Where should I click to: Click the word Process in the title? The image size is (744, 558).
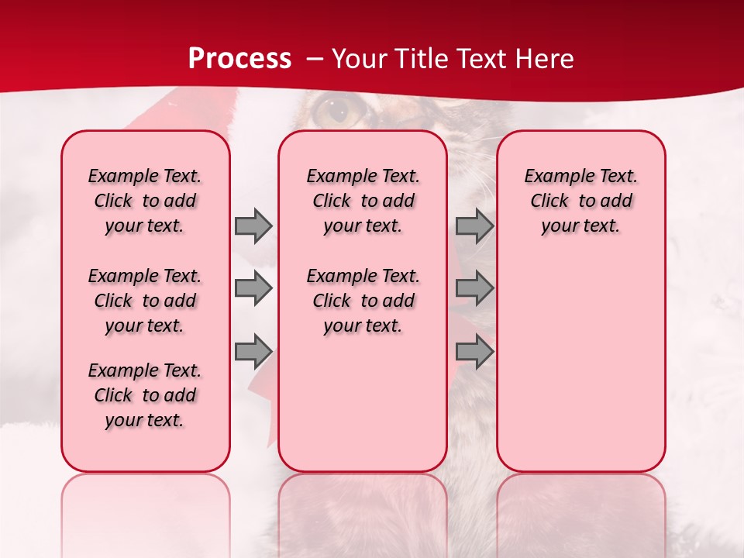click(239, 59)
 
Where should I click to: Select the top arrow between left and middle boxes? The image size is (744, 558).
click(253, 226)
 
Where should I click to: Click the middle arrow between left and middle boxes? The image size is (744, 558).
click(253, 289)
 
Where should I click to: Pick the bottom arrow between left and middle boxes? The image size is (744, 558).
click(253, 352)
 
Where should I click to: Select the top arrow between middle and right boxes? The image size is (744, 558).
click(474, 226)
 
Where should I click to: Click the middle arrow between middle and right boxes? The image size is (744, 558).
click(474, 289)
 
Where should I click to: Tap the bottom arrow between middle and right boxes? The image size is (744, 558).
click(474, 352)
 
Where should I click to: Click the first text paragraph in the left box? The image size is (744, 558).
click(145, 201)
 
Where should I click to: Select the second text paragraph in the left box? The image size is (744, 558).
click(145, 301)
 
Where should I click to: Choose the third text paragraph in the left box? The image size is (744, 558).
click(145, 395)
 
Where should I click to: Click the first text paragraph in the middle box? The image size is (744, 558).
click(363, 201)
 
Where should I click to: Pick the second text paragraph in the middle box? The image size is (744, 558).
click(363, 301)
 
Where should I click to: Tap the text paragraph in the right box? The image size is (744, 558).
click(580, 201)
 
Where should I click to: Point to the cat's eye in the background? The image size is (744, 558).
click(336, 111)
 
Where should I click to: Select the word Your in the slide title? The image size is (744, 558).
click(359, 59)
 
